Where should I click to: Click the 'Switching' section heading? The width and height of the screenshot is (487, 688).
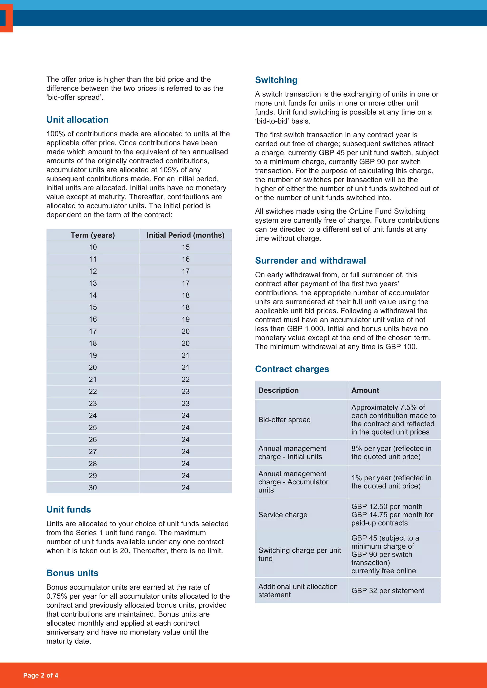click(x=276, y=80)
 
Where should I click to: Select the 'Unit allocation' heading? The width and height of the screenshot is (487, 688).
click(x=77, y=119)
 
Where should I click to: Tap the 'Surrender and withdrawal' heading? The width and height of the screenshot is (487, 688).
click(x=310, y=261)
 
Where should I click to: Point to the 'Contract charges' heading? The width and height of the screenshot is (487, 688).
click(x=292, y=369)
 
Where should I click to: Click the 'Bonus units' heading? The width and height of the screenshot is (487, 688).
click(x=72, y=573)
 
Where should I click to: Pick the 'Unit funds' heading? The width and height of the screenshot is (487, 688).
click(x=69, y=509)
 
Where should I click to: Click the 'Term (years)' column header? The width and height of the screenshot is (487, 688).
click(x=93, y=235)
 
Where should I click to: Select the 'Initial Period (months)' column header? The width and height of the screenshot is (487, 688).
click(x=185, y=235)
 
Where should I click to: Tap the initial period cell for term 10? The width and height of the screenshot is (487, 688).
click(x=185, y=247)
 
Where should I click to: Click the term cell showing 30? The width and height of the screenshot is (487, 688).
click(x=93, y=487)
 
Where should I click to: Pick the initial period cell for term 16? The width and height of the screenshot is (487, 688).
click(x=185, y=320)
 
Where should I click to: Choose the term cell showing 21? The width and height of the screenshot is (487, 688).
click(x=93, y=379)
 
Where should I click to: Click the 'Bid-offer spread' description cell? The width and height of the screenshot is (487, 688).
click(x=284, y=420)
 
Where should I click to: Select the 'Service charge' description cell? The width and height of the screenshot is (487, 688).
click(x=283, y=515)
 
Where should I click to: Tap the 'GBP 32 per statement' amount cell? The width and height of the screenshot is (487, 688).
click(x=388, y=591)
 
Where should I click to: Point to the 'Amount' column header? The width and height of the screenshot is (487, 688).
click(x=365, y=390)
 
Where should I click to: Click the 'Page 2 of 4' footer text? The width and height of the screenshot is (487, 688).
click(x=41, y=675)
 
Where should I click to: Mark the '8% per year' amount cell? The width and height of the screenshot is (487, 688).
click(x=391, y=453)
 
